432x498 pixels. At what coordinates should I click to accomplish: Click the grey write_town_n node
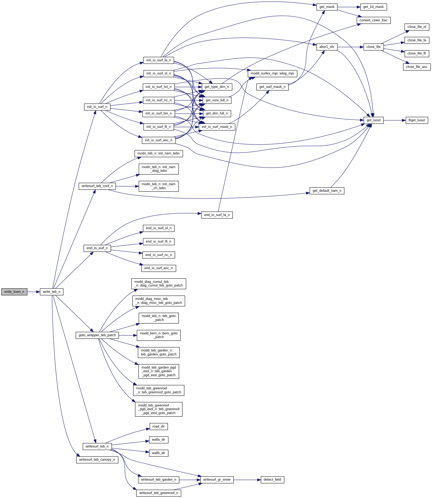14,292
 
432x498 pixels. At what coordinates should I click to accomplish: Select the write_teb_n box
51,292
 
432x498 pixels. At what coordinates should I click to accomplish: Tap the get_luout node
374,120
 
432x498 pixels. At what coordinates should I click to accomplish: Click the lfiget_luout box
416,120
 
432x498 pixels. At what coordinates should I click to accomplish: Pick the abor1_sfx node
327,47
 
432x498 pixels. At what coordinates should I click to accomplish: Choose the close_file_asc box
416,67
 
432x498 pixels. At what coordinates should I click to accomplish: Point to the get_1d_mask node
373,7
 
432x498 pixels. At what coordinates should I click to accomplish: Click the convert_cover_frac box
373,20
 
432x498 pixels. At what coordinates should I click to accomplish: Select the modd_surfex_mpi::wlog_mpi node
272,73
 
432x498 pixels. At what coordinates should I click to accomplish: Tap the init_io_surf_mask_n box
217,127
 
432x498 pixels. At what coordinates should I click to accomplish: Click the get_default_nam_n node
327,191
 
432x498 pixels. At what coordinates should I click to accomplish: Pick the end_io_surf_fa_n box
217,215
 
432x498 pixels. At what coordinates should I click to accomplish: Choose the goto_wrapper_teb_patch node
97,335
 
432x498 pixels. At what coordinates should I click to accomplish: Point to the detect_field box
272,480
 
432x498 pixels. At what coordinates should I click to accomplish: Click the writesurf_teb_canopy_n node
97,460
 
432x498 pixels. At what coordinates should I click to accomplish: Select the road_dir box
158,426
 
